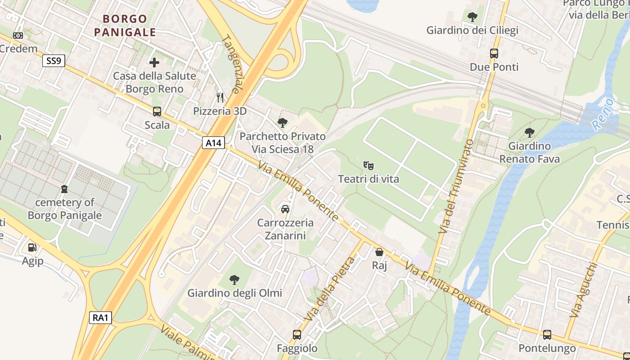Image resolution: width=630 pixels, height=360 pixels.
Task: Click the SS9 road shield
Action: tap(54, 61)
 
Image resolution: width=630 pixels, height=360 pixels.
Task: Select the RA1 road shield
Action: tap(100, 318)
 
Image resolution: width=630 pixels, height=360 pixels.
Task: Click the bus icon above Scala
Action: tap(157, 111)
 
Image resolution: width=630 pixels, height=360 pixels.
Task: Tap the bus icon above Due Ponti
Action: tap(494, 54)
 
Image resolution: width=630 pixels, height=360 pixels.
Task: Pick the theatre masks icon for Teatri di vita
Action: tap(369, 165)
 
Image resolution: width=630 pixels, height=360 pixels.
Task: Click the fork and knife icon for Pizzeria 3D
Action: tap(220, 97)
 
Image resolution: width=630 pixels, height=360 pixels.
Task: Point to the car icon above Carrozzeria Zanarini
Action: tap(285, 209)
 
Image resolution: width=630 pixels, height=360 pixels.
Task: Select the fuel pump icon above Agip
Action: tap(32, 247)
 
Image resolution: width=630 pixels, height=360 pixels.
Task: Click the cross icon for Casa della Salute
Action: tap(154, 62)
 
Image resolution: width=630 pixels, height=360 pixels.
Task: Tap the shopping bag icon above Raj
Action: tap(379, 252)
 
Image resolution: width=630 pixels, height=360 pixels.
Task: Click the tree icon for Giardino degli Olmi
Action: tap(234, 279)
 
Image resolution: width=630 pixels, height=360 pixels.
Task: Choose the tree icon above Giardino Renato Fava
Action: tap(530, 132)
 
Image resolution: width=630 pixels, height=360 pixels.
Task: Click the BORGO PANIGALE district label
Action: tap(125, 26)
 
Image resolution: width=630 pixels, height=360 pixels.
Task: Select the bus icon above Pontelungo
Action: tap(547, 335)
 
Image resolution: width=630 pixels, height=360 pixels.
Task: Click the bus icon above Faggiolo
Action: tap(297, 335)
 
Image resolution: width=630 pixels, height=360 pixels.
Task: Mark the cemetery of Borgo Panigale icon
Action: tap(65, 189)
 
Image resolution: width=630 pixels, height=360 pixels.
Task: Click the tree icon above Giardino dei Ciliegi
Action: tap(472, 17)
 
